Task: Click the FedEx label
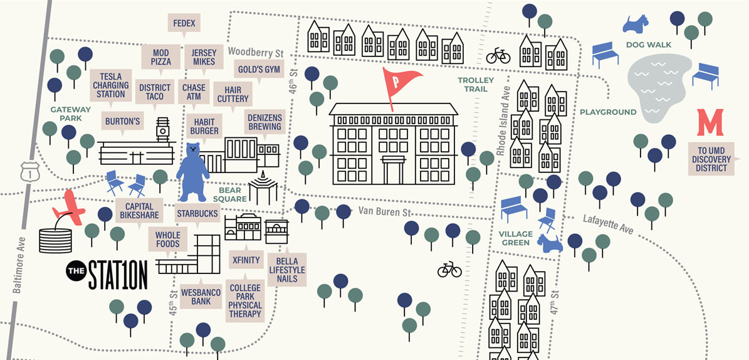click(x=184, y=24)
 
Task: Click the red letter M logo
click(x=710, y=122)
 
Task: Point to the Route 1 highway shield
click(x=26, y=171)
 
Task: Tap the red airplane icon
click(x=70, y=208)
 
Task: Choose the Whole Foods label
click(x=168, y=239)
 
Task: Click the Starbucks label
click(x=197, y=214)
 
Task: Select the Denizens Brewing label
click(x=264, y=122)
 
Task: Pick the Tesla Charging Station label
click(x=111, y=85)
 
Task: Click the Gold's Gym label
click(x=258, y=69)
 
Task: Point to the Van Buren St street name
click(x=384, y=211)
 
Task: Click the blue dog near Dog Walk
click(x=635, y=24)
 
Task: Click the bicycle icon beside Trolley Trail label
click(x=498, y=56)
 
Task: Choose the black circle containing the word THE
click(x=75, y=271)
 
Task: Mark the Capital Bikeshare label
click(x=139, y=211)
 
